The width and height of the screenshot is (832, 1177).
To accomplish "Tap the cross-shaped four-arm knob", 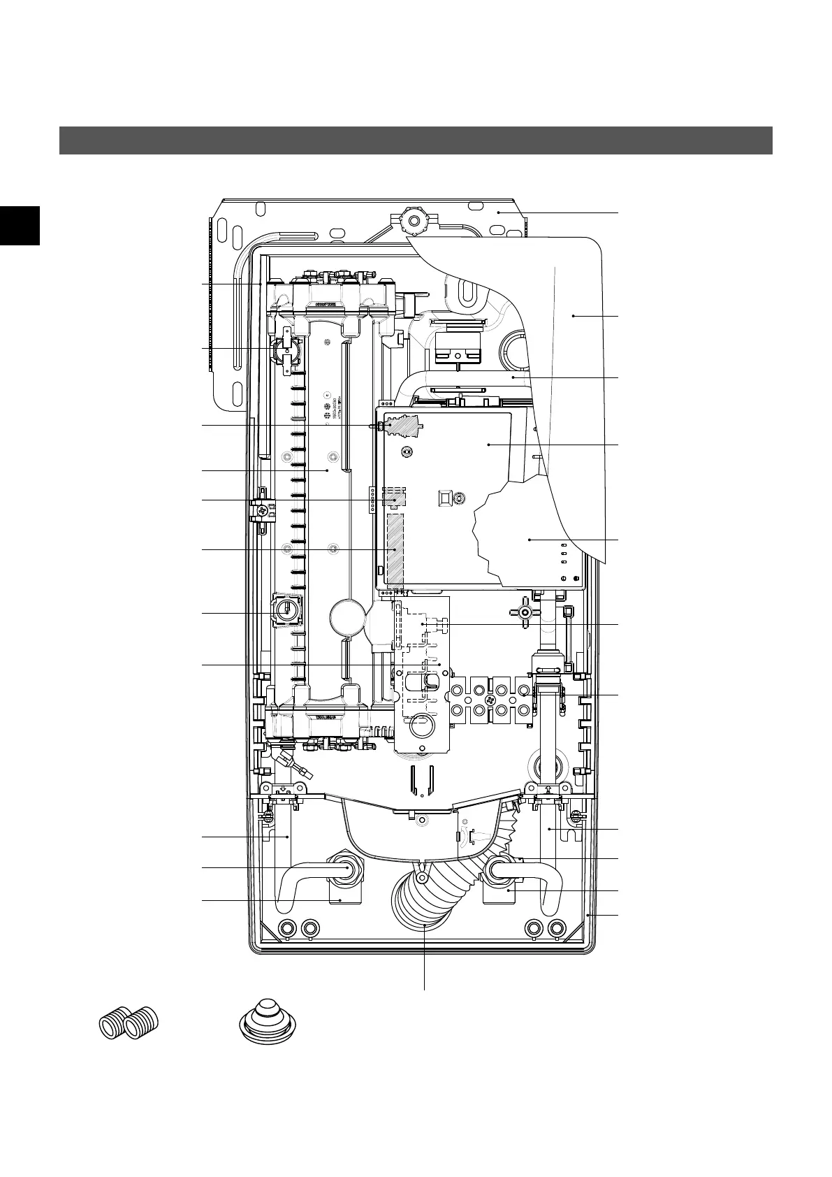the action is click(526, 612).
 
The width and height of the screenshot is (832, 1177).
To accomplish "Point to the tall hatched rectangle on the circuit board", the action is click(395, 549).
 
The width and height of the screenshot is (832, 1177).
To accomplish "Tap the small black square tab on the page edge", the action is click(20, 226).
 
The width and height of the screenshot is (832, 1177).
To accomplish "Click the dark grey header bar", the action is click(416, 140).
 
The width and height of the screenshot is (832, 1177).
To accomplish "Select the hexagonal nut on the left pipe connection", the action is click(345, 868).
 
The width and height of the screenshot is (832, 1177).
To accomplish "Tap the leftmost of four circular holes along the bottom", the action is click(286, 928).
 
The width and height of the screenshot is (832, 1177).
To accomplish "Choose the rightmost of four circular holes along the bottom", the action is click(556, 928).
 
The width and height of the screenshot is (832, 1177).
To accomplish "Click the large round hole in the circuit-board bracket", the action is click(422, 727).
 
